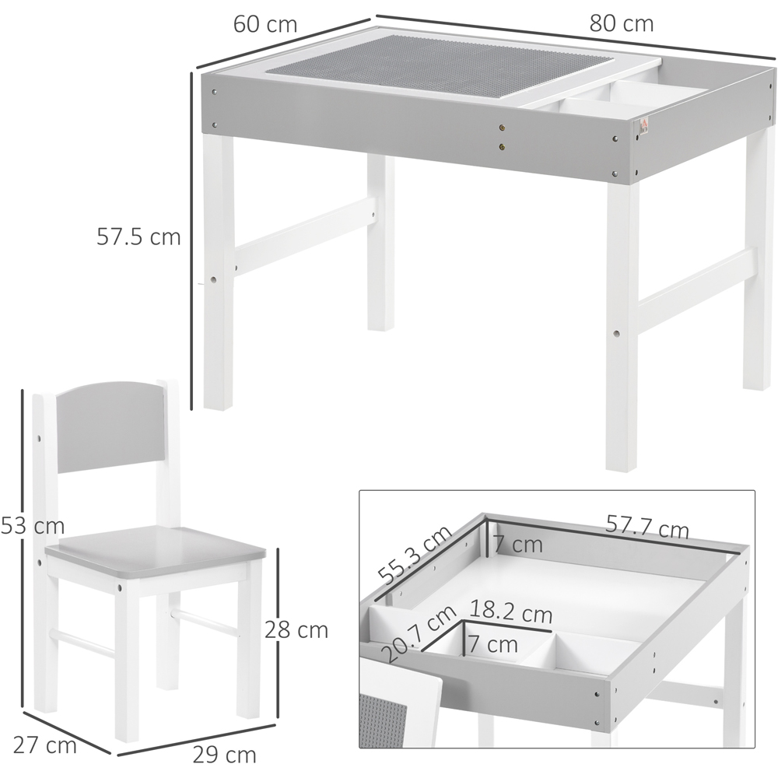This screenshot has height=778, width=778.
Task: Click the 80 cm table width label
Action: (621, 23)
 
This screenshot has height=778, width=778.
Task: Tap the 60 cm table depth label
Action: (265, 24)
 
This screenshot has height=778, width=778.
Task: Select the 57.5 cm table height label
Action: (139, 237)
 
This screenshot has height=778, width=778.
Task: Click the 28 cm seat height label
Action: (296, 629)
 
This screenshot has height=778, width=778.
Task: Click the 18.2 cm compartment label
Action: (510, 612)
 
